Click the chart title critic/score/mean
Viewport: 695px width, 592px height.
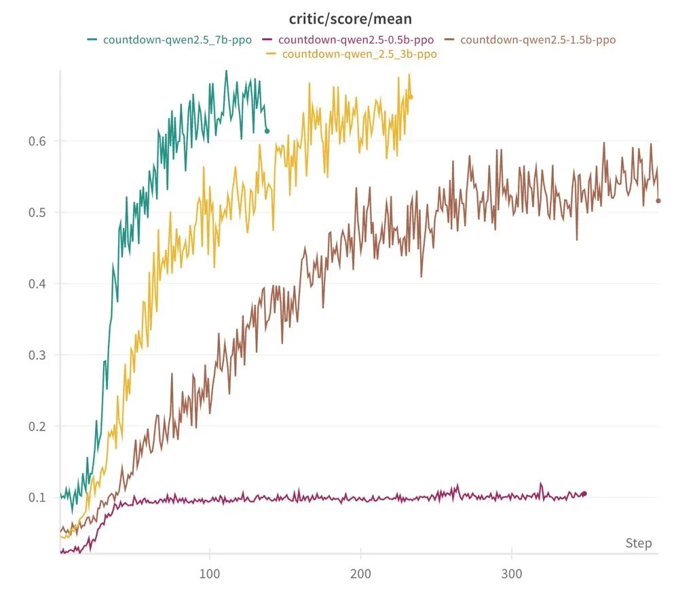click(350, 19)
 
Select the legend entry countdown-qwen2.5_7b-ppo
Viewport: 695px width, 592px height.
click(177, 39)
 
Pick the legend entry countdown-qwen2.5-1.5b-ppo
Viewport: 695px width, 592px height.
click(538, 39)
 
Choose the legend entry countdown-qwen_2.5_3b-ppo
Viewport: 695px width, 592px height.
click(359, 54)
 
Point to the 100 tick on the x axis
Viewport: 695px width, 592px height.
click(210, 574)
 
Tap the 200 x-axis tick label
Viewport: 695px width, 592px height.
click(360, 574)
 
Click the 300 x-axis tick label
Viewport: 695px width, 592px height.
click(511, 574)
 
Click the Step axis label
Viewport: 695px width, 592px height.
click(638, 543)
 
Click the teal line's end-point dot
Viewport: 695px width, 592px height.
click(267, 131)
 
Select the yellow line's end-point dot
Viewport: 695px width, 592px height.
click(410, 97)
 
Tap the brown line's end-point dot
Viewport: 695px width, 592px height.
click(658, 200)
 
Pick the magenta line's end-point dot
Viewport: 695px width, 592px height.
click(584, 494)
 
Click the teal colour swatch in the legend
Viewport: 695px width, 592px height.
click(92, 39)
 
